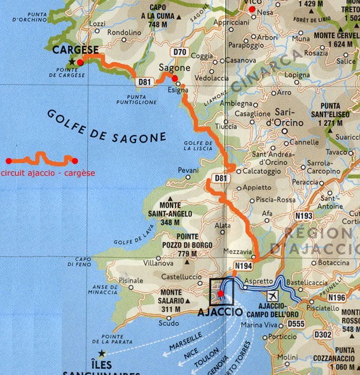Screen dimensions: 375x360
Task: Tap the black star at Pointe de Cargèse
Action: point(72,62)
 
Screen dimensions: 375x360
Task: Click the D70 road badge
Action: point(180,52)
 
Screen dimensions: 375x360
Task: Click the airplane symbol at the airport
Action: point(273,296)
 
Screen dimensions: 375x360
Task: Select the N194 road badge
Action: point(244,265)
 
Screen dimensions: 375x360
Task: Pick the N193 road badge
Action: point(304,216)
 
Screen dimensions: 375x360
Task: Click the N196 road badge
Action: point(336,298)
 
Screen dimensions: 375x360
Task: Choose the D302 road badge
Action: point(323,334)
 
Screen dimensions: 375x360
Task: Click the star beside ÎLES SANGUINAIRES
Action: point(99,352)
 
